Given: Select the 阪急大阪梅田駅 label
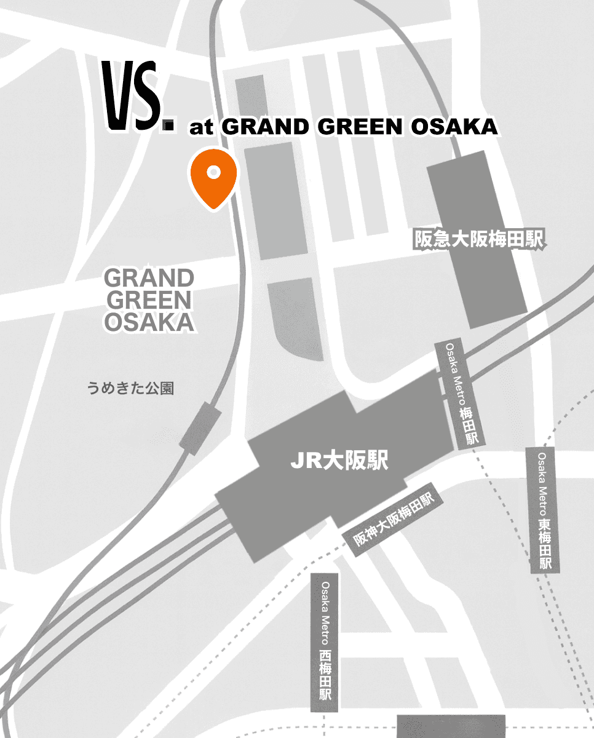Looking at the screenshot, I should (479, 240).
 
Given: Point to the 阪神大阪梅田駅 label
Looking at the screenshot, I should (394, 520).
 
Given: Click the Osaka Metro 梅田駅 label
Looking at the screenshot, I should (461, 393).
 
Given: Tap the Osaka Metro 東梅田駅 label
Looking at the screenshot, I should (544, 510).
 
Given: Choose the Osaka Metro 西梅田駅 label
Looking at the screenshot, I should (325, 643).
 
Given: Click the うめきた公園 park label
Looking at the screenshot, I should (130, 388).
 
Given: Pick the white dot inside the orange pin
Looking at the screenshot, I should (213, 172).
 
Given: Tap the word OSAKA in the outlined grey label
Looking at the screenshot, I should (149, 322).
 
